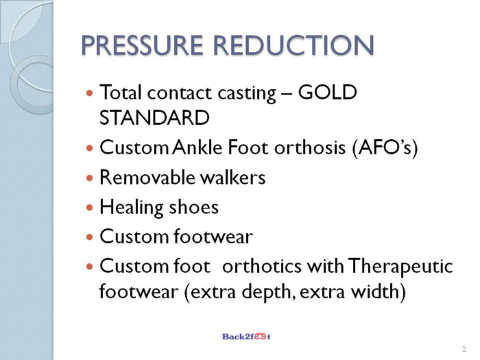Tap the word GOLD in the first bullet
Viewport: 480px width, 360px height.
click(327, 92)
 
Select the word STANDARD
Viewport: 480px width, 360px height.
click(154, 117)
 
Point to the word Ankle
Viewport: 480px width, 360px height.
click(197, 147)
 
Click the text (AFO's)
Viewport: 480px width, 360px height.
click(385, 148)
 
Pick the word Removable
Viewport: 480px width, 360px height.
click(148, 177)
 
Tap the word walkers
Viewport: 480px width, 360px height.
click(232, 177)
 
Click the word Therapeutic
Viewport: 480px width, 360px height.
click(400, 266)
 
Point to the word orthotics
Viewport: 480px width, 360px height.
click(262, 266)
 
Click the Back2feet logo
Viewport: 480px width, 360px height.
click(246, 337)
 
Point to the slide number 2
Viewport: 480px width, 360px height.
click(464, 348)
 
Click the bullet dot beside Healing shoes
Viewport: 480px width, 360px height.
click(89, 208)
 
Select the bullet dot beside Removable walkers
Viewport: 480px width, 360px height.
click(89, 178)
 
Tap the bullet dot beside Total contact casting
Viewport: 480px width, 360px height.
click(89, 93)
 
